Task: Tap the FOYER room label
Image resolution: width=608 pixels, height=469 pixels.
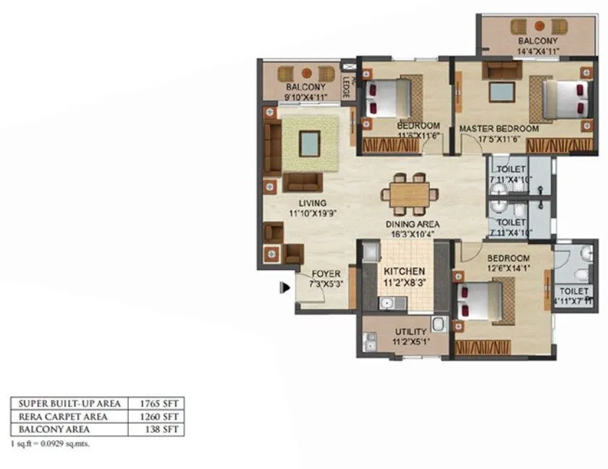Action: point(326,279)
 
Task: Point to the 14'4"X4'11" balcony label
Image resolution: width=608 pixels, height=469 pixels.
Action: point(538,46)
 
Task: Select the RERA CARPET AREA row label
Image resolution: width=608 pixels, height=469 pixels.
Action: point(63,416)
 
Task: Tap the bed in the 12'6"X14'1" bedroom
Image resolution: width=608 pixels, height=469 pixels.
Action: point(480,300)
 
